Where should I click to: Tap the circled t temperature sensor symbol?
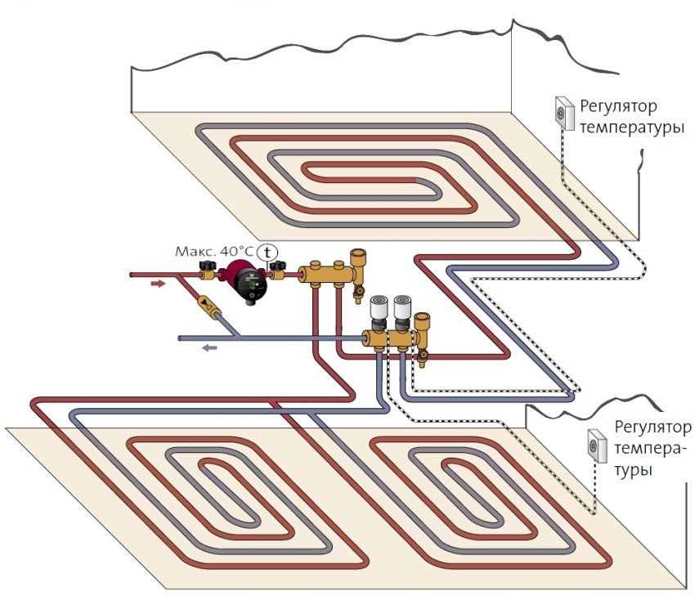point(267,253)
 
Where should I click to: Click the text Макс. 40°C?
point(215,252)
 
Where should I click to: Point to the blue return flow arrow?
point(210,347)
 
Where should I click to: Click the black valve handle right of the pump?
point(280,267)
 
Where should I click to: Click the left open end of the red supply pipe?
point(133,276)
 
